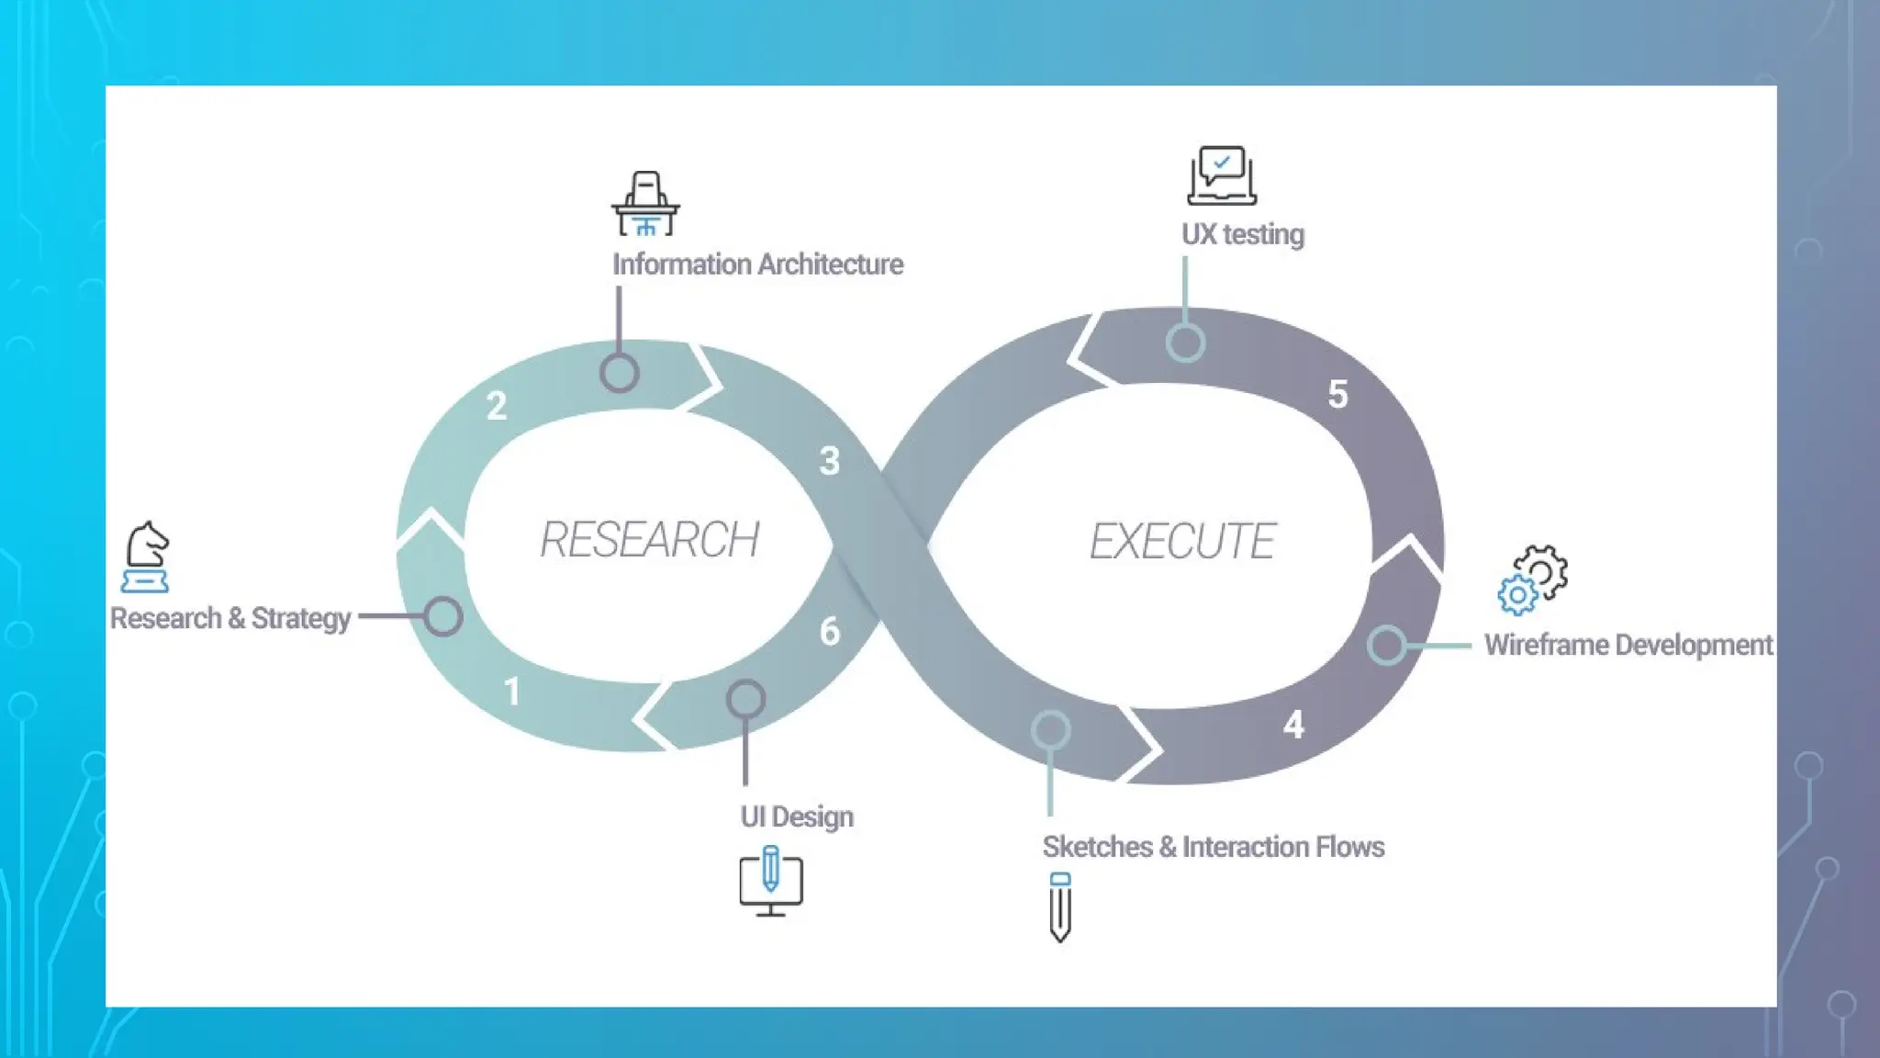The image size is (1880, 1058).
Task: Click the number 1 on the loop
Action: pyautogui.click(x=512, y=692)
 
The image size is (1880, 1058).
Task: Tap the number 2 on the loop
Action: pyautogui.click(x=497, y=405)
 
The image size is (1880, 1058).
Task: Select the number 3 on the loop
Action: pyautogui.click(x=830, y=461)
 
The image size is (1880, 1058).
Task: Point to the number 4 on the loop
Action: pyautogui.click(x=1293, y=725)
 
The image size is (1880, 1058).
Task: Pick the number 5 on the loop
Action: pyautogui.click(x=1337, y=394)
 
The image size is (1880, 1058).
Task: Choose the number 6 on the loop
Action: pyautogui.click(x=830, y=632)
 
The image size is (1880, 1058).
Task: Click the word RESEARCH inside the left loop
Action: pyautogui.click(x=650, y=540)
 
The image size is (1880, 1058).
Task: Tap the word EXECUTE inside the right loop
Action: pyautogui.click(x=1182, y=541)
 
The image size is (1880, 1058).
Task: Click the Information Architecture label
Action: pyautogui.click(x=758, y=264)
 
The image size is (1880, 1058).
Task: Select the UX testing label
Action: pyautogui.click(x=1243, y=234)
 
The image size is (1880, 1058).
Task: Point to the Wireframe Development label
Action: pyautogui.click(x=1628, y=645)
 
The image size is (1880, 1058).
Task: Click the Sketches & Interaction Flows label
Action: pyautogui.click(x=1214, y=847)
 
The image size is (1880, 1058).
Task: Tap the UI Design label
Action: pyautogui.click(x=797, y=816)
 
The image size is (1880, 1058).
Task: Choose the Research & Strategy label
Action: pyautogui.click(x=230, y=618)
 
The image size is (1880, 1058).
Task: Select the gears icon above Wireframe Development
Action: pyautogui.click(x=1533, y=579)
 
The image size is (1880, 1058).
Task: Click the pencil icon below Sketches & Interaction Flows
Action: pyautogui.click(x=1060, y=907)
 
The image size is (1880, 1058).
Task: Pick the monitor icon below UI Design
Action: pyautogui.click(x=771, y=882)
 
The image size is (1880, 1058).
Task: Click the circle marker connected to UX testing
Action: pyautogui.click(x=1185, y=343)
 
